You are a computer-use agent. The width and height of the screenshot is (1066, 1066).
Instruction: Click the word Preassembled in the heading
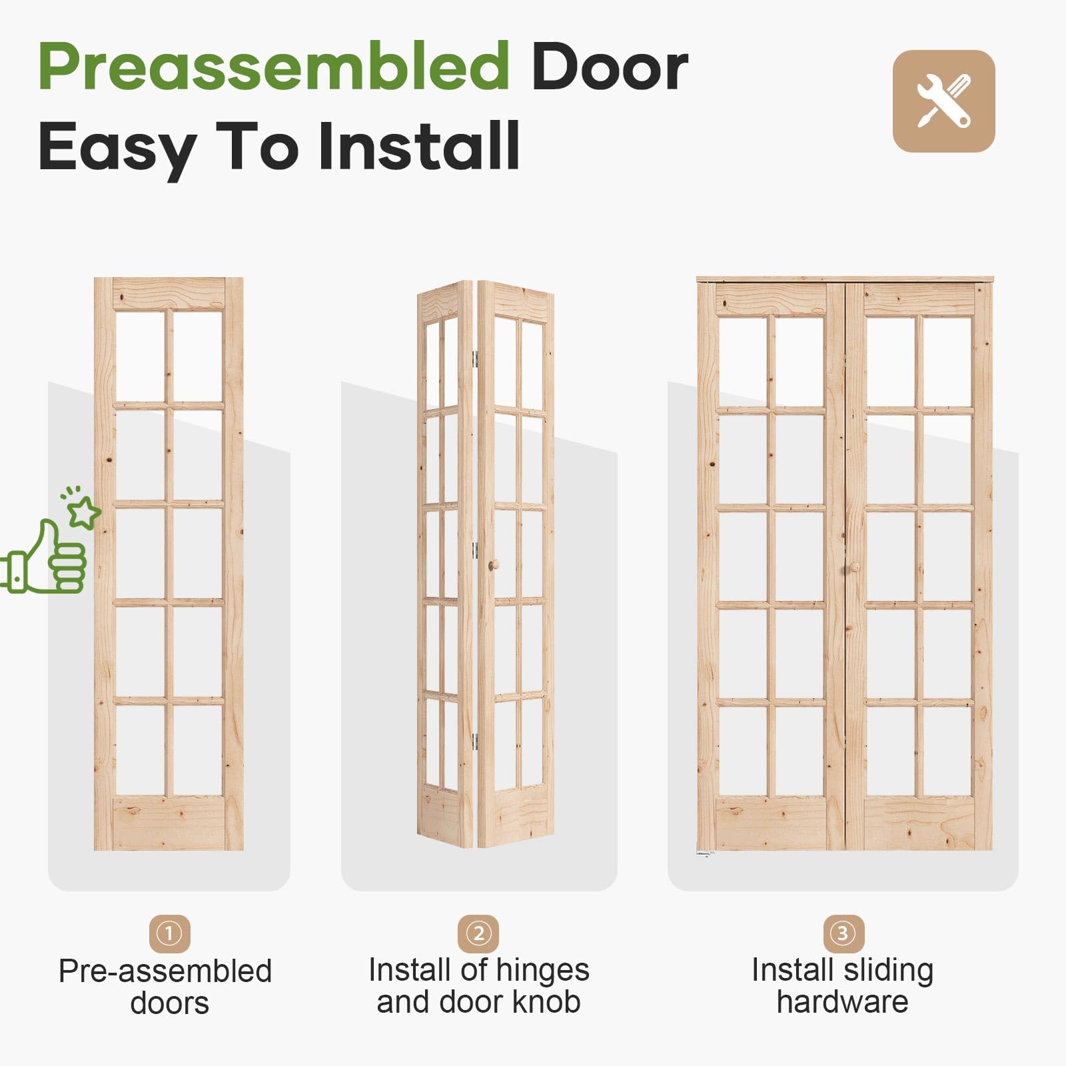tap(274, 67)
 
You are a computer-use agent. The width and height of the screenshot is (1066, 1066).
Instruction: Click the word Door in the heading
tap(610, 67)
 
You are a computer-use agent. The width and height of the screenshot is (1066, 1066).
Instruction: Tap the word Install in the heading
tap(419, 146)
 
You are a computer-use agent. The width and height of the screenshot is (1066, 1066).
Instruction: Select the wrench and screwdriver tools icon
tap(943, 101)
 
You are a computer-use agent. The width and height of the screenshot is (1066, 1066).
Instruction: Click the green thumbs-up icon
tap(44, 557)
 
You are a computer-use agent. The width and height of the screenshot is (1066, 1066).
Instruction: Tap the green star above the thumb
tap(85, 513)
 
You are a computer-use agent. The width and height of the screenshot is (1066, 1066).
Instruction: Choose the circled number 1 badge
tap(169, 933)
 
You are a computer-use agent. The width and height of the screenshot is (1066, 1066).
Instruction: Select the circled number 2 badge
tap(478, 933)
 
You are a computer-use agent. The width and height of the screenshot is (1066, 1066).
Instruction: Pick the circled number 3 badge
tap(843, 933)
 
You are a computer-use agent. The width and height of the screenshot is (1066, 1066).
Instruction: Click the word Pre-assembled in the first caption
tap(165, 971)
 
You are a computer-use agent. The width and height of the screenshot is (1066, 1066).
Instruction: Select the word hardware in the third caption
tap(843, 1002)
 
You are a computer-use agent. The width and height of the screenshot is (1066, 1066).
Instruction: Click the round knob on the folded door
tap(494, 565)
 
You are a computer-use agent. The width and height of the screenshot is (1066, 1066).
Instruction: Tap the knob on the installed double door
tap(853, 568)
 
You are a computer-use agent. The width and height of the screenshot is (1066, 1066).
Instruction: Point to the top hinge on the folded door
tap(476, 360)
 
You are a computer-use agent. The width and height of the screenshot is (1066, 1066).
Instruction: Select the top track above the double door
tap(845, 279)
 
